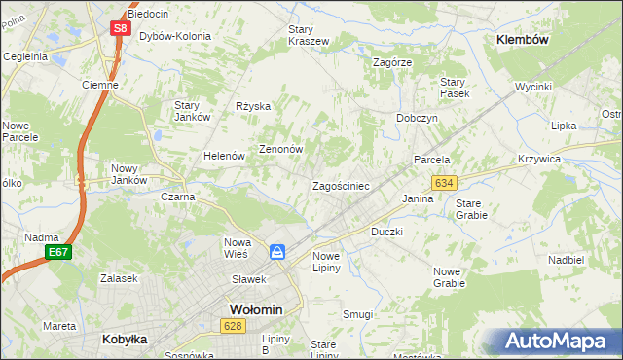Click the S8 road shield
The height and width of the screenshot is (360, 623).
[118, 29]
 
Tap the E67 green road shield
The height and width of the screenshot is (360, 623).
[57, 253]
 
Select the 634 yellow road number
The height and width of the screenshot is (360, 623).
[445, 183]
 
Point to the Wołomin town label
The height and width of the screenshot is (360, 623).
[255, 309]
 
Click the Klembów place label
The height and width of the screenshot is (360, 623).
[523, 40]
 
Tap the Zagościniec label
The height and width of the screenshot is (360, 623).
[340, 186]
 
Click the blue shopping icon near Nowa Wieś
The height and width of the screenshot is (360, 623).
[278, 252]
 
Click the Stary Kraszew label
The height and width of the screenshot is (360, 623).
[309, 35]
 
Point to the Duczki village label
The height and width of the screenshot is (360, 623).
[386, 233]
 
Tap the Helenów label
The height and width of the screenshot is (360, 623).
[223, 156]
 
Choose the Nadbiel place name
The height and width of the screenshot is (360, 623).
[566, 261]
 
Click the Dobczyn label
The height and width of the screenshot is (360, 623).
[417, 118]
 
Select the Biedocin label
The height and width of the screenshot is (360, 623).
[148, 15]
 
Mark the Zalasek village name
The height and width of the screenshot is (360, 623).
[119, 278]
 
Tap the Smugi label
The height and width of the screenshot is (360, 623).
[357, 314]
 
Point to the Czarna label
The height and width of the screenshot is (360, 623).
[178, 197]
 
